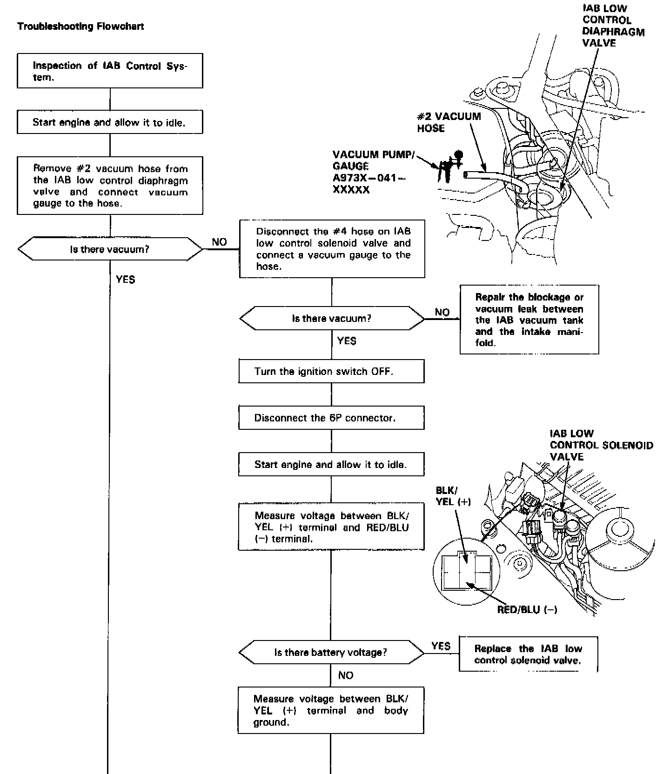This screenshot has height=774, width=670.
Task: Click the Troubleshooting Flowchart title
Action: (x=80, y=27)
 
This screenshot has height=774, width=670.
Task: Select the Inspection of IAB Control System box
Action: (x=110, y=71)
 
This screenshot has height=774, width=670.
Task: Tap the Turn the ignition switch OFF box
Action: (x=331, y=371)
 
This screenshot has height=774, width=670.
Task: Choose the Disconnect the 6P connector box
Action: (x=331, y=418)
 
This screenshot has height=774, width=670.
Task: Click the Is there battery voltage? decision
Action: (x=331, y=652)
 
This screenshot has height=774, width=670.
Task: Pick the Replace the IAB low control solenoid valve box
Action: (x=528, y=654)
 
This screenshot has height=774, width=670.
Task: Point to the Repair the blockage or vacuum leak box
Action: (x=529, y=320)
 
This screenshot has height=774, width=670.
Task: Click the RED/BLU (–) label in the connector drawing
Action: (x=527, y=609)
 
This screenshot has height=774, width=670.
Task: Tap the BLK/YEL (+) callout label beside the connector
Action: (x=453, y=496)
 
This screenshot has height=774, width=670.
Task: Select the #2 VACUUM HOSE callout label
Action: (x=449, y=122)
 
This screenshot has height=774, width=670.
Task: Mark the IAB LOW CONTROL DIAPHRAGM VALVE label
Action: (x=613, y=26)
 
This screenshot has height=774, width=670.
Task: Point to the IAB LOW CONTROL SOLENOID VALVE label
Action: (x=601, y=445)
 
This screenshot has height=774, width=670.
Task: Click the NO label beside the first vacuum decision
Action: (x=219, y=242)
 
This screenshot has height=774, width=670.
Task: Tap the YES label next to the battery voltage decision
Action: (x=441, y=646)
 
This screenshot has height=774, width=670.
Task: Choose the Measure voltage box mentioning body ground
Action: (x=331, y=710)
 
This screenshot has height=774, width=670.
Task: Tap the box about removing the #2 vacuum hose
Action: (x=110, y=186)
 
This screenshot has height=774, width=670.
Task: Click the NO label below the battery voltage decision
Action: (x=346, y=675)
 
